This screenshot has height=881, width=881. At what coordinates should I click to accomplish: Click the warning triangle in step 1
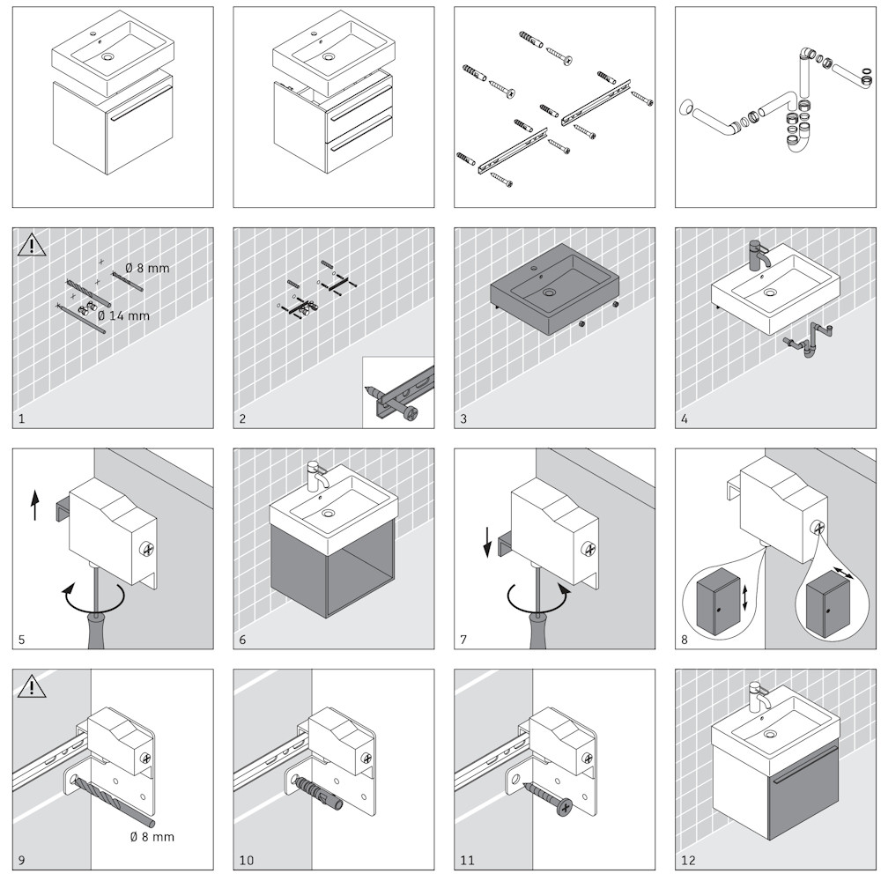click(32, 245)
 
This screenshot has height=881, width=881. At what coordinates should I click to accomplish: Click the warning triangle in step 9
click(32, 686)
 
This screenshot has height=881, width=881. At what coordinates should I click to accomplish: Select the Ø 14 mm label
click(123, 315)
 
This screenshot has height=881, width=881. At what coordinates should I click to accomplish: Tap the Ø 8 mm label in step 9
click(152, 837)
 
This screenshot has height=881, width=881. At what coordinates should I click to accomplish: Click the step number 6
click(242, 640)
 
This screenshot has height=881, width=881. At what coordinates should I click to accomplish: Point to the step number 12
click(688, 860)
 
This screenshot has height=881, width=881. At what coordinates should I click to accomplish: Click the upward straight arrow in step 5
click(35, 505)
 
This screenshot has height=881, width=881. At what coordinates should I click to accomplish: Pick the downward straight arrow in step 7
click(488, 542)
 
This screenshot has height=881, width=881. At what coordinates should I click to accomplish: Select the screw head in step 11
click(565, 807)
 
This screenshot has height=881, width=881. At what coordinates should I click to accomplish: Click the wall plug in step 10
click(319, 791)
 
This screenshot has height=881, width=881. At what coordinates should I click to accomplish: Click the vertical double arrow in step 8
click(745, 597)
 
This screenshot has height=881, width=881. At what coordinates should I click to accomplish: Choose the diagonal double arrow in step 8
click(843, 574)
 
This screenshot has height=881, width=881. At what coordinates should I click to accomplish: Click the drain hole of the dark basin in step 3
click(549, 292)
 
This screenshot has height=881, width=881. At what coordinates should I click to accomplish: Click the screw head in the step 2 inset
click(411, 415)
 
